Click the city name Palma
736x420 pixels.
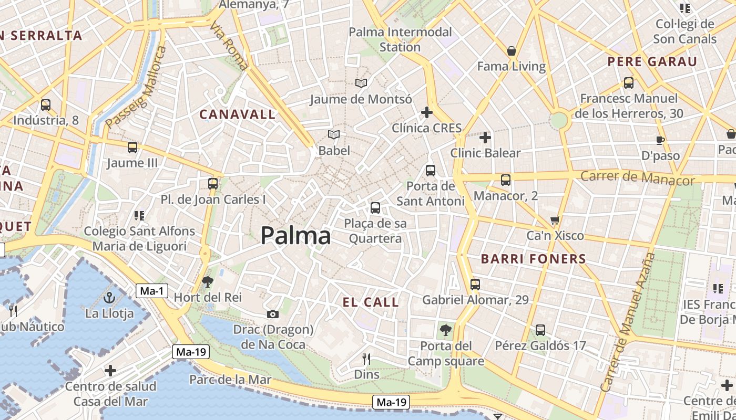295,236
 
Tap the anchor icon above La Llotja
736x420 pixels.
109,298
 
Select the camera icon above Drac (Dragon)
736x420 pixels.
272,314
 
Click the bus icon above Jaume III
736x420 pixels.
132,148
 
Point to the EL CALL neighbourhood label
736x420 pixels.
371,302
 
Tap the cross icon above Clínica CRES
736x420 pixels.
426,112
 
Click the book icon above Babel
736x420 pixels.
334,135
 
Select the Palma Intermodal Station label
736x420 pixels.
400,39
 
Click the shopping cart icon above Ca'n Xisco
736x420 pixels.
555,220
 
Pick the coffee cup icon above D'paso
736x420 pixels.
660,140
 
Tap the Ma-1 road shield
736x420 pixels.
152,290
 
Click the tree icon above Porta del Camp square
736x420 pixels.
445,330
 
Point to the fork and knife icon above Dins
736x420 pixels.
366,359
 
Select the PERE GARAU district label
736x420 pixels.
652,61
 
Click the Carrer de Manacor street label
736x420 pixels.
637,177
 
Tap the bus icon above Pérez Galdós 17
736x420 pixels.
540,330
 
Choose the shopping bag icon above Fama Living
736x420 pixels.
511,51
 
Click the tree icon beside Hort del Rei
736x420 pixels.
208,282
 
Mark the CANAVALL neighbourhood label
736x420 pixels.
237,114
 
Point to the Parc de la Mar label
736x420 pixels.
230,380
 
